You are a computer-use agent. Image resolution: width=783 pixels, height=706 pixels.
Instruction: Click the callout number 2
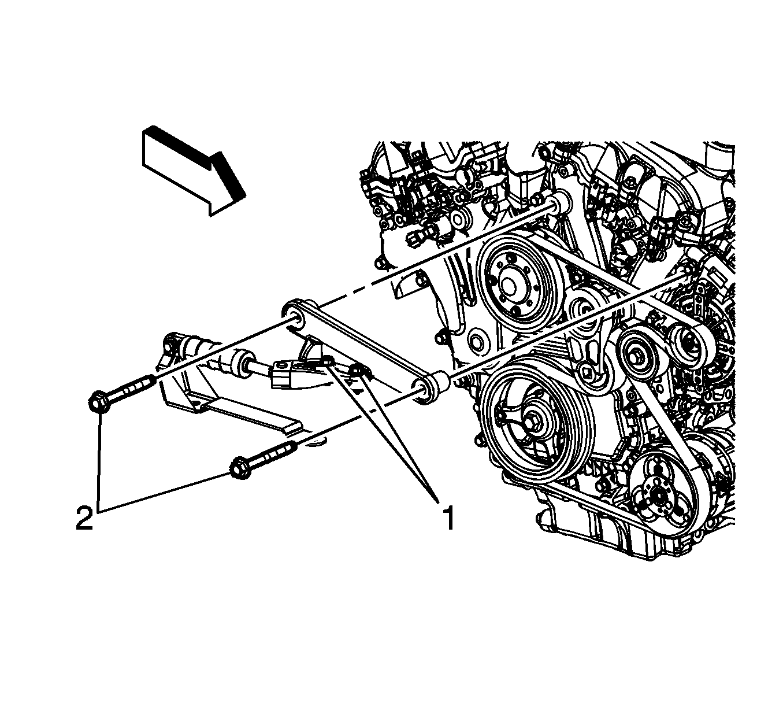click(85, 518)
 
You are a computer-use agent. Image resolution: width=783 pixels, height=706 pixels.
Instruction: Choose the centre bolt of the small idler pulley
click(635, 357)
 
